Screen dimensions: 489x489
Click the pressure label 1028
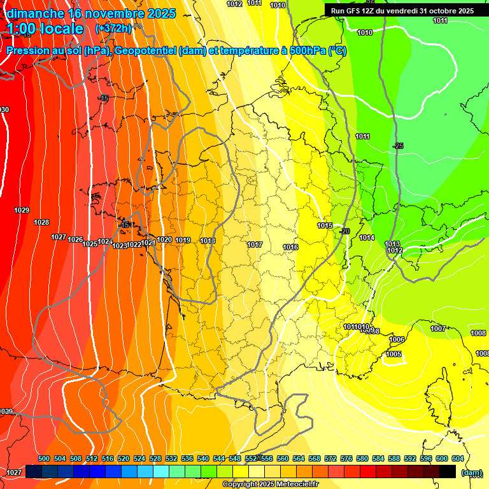(41, 222)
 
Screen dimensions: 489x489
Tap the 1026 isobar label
(75, 239)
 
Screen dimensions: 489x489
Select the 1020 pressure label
(164, 239)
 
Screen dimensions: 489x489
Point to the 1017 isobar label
(255, 244)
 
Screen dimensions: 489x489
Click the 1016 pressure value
(290, 247)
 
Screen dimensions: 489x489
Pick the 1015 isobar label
(325, 225)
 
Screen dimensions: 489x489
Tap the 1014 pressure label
(367, 237)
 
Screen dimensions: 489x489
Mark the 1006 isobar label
(397, 339)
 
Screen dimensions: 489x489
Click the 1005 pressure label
(393, 354)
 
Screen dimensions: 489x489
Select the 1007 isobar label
(437, 329)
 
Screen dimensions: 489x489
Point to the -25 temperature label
(398, 146)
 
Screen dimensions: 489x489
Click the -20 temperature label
(345, 230)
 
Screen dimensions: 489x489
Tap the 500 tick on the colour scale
(44, 458)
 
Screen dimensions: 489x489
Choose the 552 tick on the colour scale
(251, 458)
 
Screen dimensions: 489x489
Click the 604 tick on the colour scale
(458, 458)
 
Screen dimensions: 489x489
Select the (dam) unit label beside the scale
(471, 472)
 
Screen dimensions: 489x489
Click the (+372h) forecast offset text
(113, 28)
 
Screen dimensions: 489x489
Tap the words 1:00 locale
(45, 29)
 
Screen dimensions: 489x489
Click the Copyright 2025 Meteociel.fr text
(270, 484)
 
